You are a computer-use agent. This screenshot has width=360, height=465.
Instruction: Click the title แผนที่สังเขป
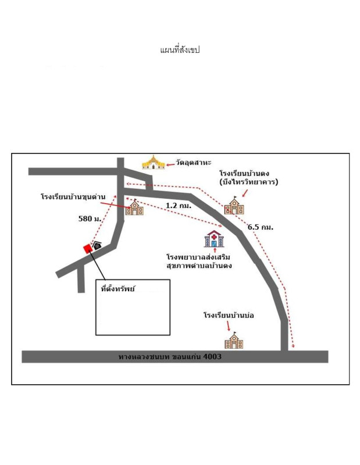pyautogui.click(x=180, y=50)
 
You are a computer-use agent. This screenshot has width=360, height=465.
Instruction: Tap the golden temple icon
pyautogui.click(x=153, y=162)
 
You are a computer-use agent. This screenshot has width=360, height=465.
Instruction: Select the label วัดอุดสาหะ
pyautogui.click(x=193, y=163)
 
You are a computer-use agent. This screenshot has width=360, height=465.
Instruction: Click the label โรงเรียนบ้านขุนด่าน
pyautogui.click(x=73, y=196)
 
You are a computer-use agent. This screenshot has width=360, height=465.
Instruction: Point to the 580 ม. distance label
pyautogui.click(x=90, y=219)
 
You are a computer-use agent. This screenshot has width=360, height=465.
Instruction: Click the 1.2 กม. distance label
pyautogui.click(x=179, y=205)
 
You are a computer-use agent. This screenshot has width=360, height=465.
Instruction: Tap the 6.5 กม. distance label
pyautogui.click(x=261, y=227)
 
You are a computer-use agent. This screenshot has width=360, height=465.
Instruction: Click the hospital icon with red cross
pyautogui.click(x=214, y=239)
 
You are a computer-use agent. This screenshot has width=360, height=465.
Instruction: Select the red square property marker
pyautogui.click(x=88, y=249)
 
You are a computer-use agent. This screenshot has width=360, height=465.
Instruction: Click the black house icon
pyautogui.click(x=97, y=245)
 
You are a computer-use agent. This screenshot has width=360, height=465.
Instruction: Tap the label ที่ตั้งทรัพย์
pyautogui.click(x=117, y=288)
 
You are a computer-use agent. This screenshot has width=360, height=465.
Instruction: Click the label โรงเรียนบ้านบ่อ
pyautogui.click(x=229, y=315)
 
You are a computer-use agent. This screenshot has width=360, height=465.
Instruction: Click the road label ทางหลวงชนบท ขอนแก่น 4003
pyautogui.click(x=170, y=356)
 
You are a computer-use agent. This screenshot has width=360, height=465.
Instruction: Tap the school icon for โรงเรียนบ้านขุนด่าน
pyautogui.click(x=135, y=207)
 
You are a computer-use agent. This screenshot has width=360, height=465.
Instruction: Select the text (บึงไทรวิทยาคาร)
pyautogui.click(x=249, y=182)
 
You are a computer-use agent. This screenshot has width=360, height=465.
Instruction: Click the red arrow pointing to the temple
pyautogui.click(x=170, y=164)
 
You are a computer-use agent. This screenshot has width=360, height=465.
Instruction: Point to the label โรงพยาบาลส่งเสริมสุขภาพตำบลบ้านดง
pyautogui.click(x=199, y=261)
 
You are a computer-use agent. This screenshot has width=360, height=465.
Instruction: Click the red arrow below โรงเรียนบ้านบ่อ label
pyautogui.click(x=228, y=326)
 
